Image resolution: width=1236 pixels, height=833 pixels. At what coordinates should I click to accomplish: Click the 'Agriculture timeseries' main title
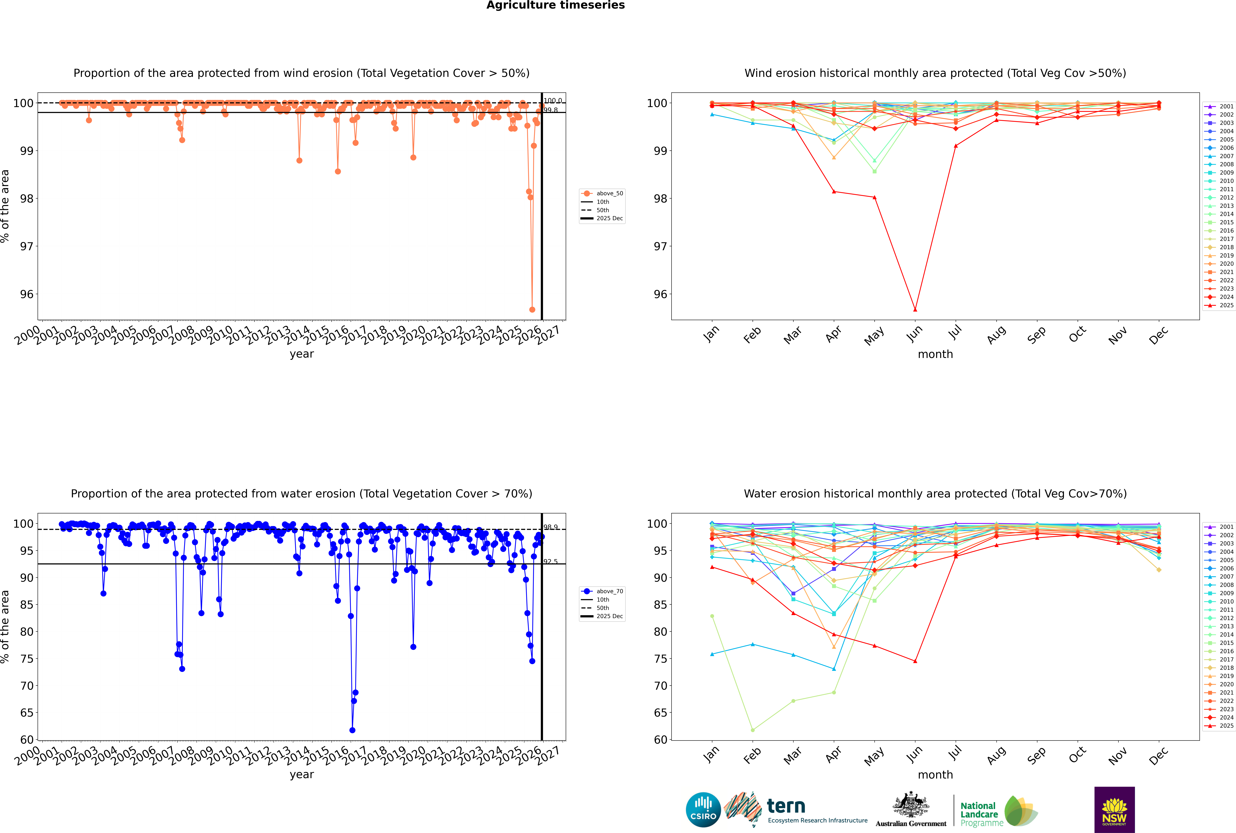[555, 5]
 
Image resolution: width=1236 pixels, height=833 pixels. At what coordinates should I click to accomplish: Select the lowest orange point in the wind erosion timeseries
[532, 309]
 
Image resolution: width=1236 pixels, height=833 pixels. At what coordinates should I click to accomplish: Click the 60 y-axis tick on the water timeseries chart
[27, 740]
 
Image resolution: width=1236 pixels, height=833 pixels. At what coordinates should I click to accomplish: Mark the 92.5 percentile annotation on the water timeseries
[551, 562]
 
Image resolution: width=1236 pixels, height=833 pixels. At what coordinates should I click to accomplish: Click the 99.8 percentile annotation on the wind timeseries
[551, 110]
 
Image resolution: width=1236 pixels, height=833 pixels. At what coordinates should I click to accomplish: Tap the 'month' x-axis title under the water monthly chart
[935, 775]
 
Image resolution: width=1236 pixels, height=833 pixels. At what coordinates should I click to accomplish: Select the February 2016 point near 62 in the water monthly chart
[752, 730]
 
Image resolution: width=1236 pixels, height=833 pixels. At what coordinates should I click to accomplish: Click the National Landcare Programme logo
[998, 811]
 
